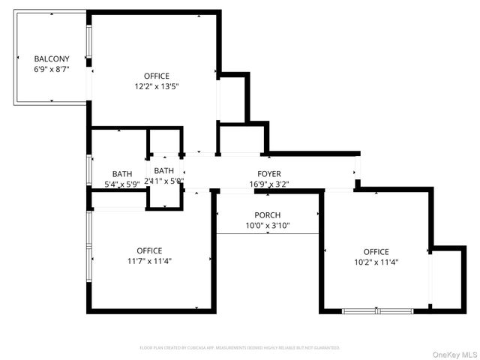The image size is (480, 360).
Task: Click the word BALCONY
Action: pyautogui.click(x=52, y=58)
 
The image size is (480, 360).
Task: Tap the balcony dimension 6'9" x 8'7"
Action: pyautogui.click(x=52, y=69)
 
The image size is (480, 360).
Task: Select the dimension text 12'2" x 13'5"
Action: pyautogui.click(x=157, y=86)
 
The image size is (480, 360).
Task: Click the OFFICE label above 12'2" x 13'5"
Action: pyautogui.click(x=157, y=76)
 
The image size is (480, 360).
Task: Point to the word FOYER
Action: pyautogui.click(x=269, y=173)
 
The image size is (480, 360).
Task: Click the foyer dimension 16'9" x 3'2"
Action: pyautogui.click(x=269, y=184)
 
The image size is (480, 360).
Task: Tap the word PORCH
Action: pyautogui.click(x=268, y=215)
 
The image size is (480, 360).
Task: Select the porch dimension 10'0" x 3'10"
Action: pyautogui.click(x=268, y=226)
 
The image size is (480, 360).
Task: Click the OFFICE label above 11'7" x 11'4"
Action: pyautogui.click(x=149, y=250)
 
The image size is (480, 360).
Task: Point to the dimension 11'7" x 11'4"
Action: pyautogui.click(x=149, y=261)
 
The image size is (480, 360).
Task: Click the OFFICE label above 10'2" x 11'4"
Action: pyautogui.click(x=376, y=252)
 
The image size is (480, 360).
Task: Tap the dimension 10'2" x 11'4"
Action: pyautogui.click(x=376, y=262)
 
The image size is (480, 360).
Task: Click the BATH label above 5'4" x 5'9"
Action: pyautogui.click(x=122, y=174)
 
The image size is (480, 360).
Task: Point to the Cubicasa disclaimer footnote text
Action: pyautogui.click(x=240, y=348)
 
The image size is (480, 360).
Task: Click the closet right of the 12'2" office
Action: pyautogui.click(x=232, y=97)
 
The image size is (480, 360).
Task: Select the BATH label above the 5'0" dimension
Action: pyautogui.click(x=164, y=171)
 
